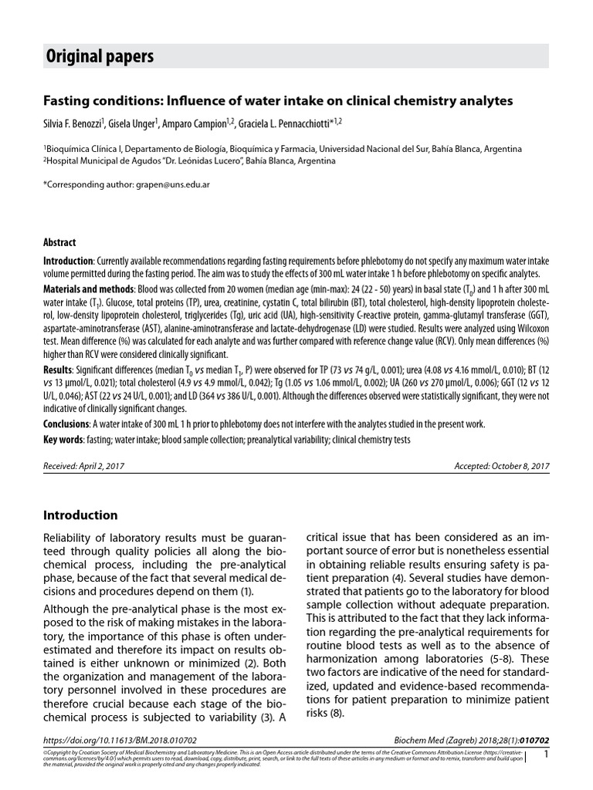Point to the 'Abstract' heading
coord(59,242)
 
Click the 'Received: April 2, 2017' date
coord(84,467)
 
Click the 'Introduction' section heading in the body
coord(80,515)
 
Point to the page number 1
coord(546,754)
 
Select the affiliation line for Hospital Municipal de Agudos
coord(190,161)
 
